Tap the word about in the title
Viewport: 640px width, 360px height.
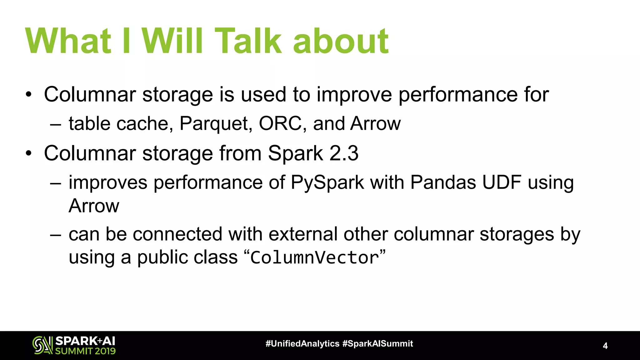(340, 41)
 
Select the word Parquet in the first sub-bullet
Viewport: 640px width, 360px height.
(216, 124)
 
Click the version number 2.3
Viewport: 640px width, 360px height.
(344, 153)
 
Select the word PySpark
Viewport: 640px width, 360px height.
(327, 183)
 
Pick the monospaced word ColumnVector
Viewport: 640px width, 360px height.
(315, 258)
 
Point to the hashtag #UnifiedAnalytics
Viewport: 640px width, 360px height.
(302, 344)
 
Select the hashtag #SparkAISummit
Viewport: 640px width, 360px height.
(377, 344)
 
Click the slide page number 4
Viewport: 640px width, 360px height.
(605, 346)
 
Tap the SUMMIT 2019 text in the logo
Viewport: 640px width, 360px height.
(85, 351)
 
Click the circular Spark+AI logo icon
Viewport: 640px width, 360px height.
(42, 345)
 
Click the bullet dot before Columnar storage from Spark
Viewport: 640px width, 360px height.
(29, 153)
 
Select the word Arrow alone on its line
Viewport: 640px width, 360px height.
(94, 206)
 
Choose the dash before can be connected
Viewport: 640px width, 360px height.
(55, 235)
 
